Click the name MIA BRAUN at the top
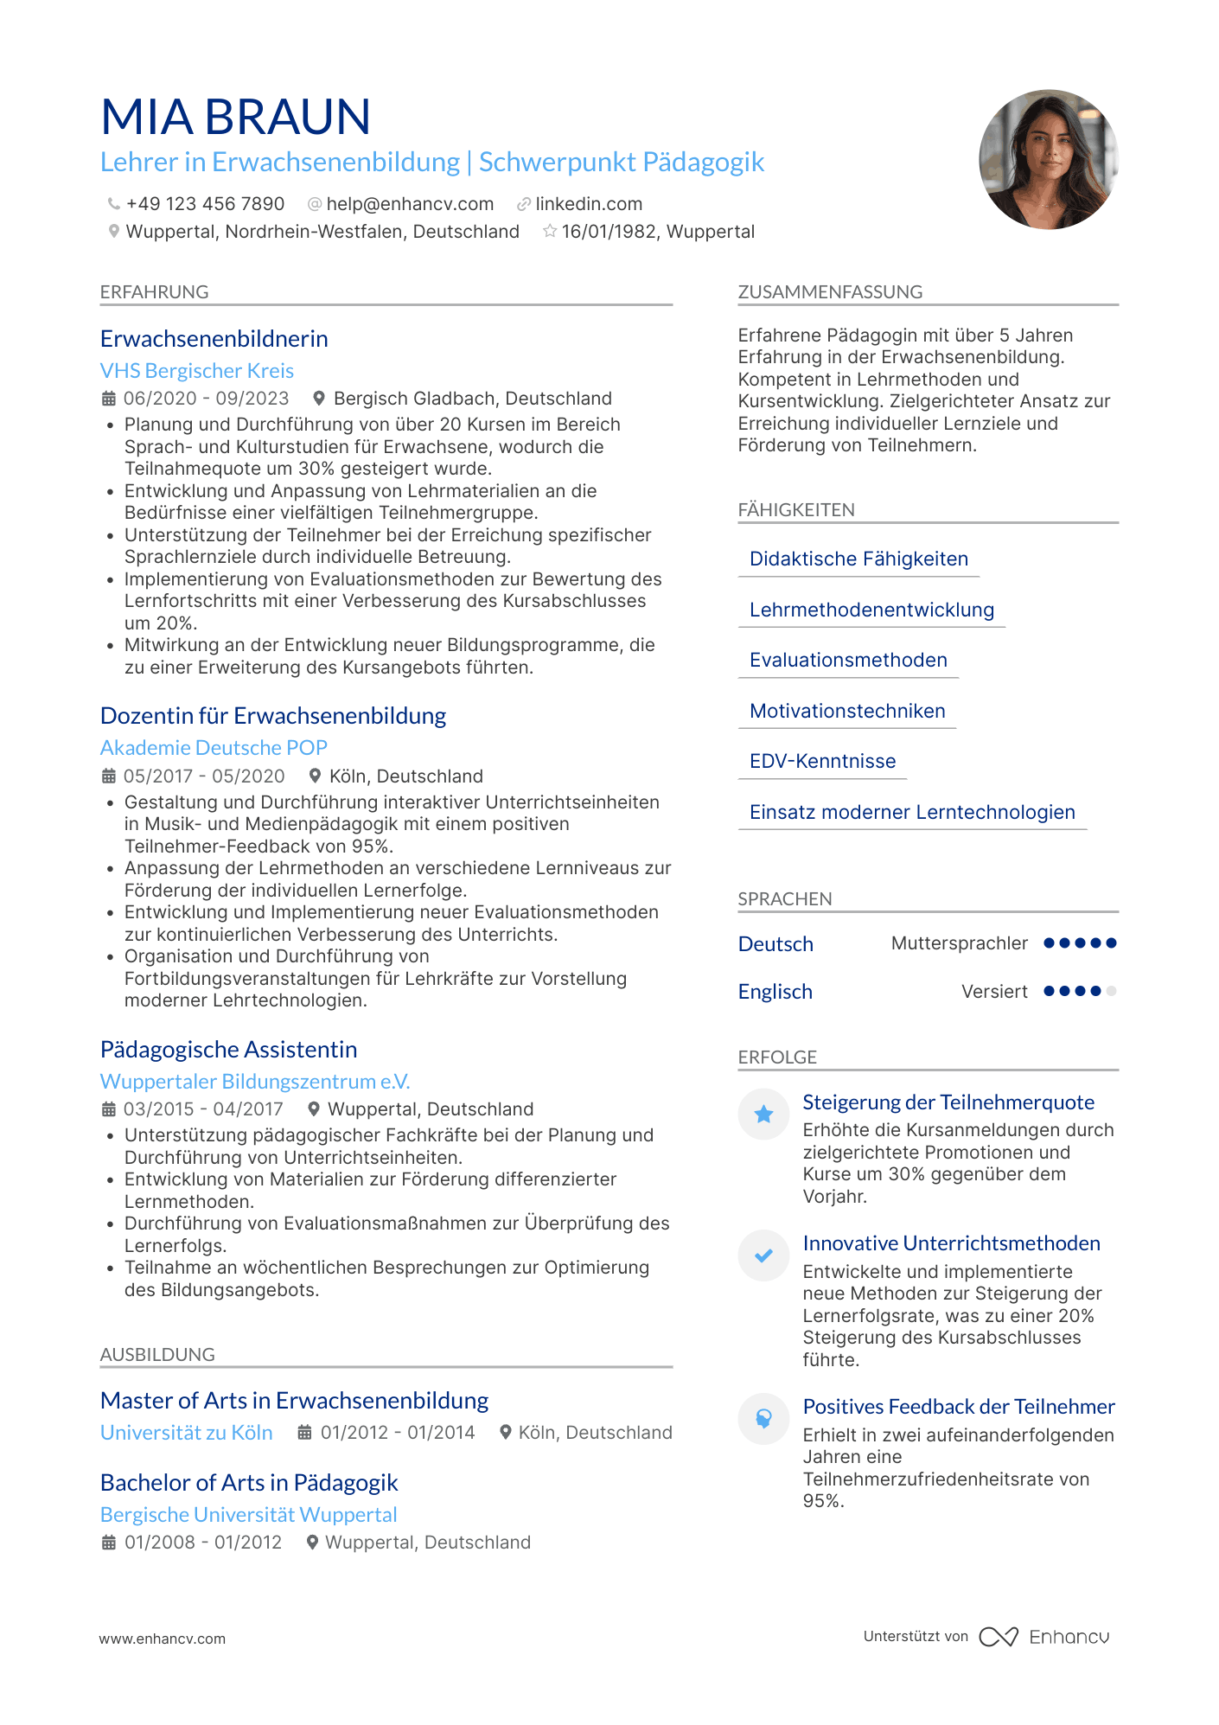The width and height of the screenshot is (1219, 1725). click(235, 118)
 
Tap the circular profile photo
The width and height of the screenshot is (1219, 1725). click(1048, 160)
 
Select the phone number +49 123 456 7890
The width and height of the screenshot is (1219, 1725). click(205, 204)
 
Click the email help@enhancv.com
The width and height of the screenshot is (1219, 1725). click(410, 204)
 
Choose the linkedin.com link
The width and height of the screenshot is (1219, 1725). click(588, 204)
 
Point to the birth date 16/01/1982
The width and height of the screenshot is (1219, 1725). click(609, 232)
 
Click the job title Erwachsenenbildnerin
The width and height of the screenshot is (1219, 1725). click(214, 339)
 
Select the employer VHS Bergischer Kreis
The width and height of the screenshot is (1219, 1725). click(197, 371)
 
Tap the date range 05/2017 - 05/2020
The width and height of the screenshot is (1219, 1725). click(204, 776)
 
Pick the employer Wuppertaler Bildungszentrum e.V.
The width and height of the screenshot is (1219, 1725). click(255, 1082)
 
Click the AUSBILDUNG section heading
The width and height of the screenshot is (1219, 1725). click(157, 1355)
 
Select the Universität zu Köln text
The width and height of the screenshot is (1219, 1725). click(187, 1433)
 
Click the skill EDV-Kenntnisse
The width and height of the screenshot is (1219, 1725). click(822, 762)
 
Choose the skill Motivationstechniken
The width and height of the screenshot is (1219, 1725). click(847, 712)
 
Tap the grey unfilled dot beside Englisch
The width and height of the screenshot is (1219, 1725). click(1111, 991)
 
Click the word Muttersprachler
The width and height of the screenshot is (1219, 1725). click(960, 943)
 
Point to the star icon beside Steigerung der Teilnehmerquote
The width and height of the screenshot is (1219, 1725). click(763, 1115)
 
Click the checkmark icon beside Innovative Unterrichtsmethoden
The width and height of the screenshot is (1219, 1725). click(763, 1255)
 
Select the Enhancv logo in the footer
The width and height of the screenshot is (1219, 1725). click(1044, 1637)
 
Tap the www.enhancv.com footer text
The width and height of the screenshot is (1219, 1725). click(163, 1639)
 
